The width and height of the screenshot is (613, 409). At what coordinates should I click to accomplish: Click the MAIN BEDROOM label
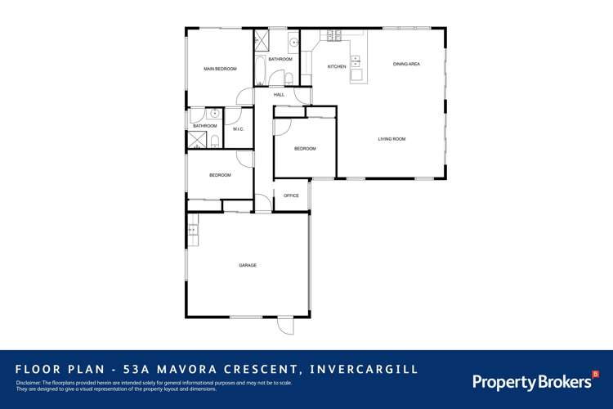[220, 69]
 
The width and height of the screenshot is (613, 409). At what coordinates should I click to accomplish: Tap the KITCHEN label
[337, 66]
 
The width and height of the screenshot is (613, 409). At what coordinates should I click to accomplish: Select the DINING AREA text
[406, 64]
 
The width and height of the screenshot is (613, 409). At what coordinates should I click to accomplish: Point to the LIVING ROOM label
[392, 139]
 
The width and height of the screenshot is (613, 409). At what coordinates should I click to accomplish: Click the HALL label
[279, 95]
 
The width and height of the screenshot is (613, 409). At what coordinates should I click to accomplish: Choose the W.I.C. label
[239, 129]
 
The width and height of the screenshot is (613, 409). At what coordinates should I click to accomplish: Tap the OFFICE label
[291, 196]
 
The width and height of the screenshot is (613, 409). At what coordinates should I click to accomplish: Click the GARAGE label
[248, 266]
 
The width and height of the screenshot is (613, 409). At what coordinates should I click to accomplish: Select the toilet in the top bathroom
[289, 79]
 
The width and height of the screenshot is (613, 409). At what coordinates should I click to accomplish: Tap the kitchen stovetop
[333, 36]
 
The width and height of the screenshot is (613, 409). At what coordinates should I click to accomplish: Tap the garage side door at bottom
[285, 325]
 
